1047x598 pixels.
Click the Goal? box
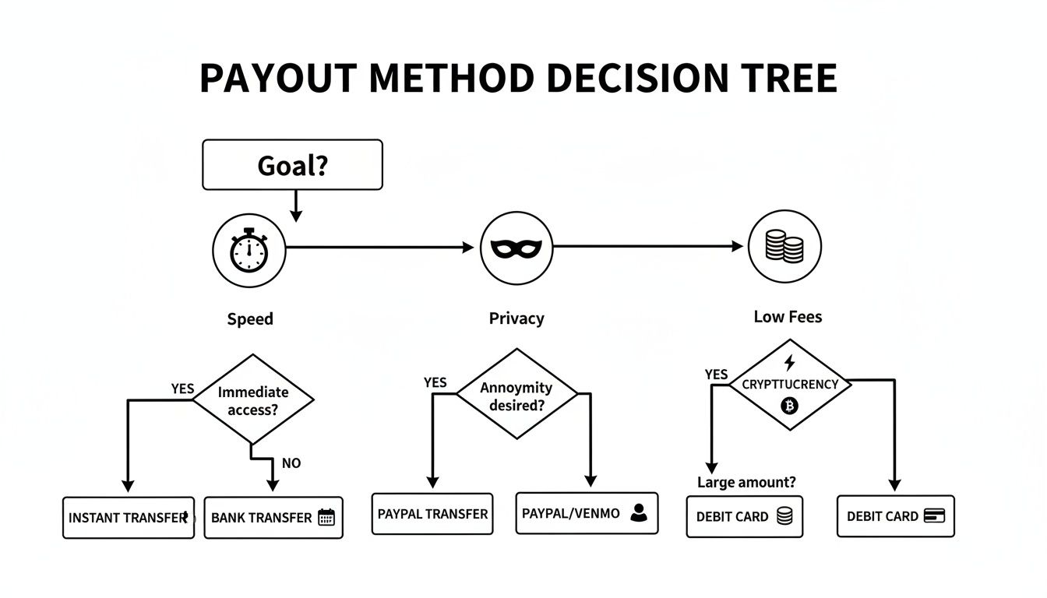tap(292, 165)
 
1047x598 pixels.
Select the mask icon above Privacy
tap(516, 248)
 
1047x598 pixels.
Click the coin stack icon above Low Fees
tap(784, 247)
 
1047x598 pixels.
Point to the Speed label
tap(250, 318)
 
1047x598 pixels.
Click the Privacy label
tap(516, 318)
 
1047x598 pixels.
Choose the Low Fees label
tap(788, 317)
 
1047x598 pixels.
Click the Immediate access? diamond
tap(253, 400)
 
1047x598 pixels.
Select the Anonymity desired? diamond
tap(516, 396)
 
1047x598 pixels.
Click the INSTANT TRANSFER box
tap(129, 518)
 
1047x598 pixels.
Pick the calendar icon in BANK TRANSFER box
tap(326, 517)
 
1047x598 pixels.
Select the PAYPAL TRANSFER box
tap(432, 514)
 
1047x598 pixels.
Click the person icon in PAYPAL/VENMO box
tap(639, 512)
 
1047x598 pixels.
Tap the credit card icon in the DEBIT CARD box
tap(934, 515)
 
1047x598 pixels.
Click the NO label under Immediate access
tap(291, 463)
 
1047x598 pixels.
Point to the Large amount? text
tap(746, 482)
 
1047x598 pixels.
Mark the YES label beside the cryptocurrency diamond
tap(716, 375)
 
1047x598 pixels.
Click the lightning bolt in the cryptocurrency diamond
tap(789, 363)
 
